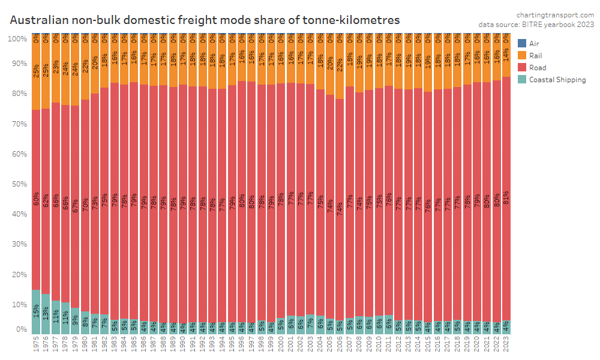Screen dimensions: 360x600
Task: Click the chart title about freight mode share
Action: (x=205, y=20)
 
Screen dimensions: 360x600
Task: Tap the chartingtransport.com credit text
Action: (x=555, y=14)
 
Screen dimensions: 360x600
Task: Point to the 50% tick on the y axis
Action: (x=18, y=184)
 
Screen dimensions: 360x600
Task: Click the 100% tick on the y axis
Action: (x=17, y=39)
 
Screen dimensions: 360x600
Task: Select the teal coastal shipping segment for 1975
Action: (x=35, y=312)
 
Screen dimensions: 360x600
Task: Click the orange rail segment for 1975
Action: (x=35, y=75)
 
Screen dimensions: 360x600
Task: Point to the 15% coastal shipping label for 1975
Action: (x=35, y=312)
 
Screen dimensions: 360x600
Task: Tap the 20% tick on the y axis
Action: (x=18, y=275)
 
